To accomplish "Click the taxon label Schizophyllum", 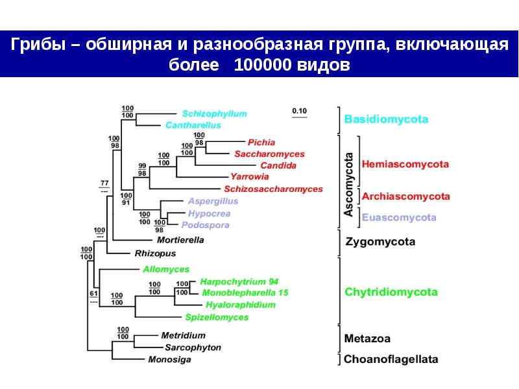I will pyautogui.click(x=214, y=113).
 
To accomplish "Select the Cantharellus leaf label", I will pyautogui.click(x=193, y=124).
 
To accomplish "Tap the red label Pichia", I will pyautogui.click(x=261, y=142).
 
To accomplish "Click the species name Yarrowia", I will pyautogui.click(x=249, y=176).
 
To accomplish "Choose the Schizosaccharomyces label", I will pyautogui.click(x=273, y=189).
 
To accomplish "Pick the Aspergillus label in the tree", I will pyautogui.click(x=214, y=201).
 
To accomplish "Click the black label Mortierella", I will pyautogui.click(x=180, y=239).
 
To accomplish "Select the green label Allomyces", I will pyautogui.click(x=166, y=269).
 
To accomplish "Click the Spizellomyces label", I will pyautogui.click(x=216, y=317).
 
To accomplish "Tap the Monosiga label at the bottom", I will pyautogui.click(x=169, y=359).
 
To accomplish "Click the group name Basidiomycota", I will pyautogui.click(x=386, y=119).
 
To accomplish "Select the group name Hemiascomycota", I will pyautogui.click(x=405, y=165).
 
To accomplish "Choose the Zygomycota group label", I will pyautogui.click(x=380, y=242).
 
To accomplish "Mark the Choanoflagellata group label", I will pyautogui.click(x=391, y=359).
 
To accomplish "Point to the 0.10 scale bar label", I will pyautogui.click(x=299, y=111).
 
